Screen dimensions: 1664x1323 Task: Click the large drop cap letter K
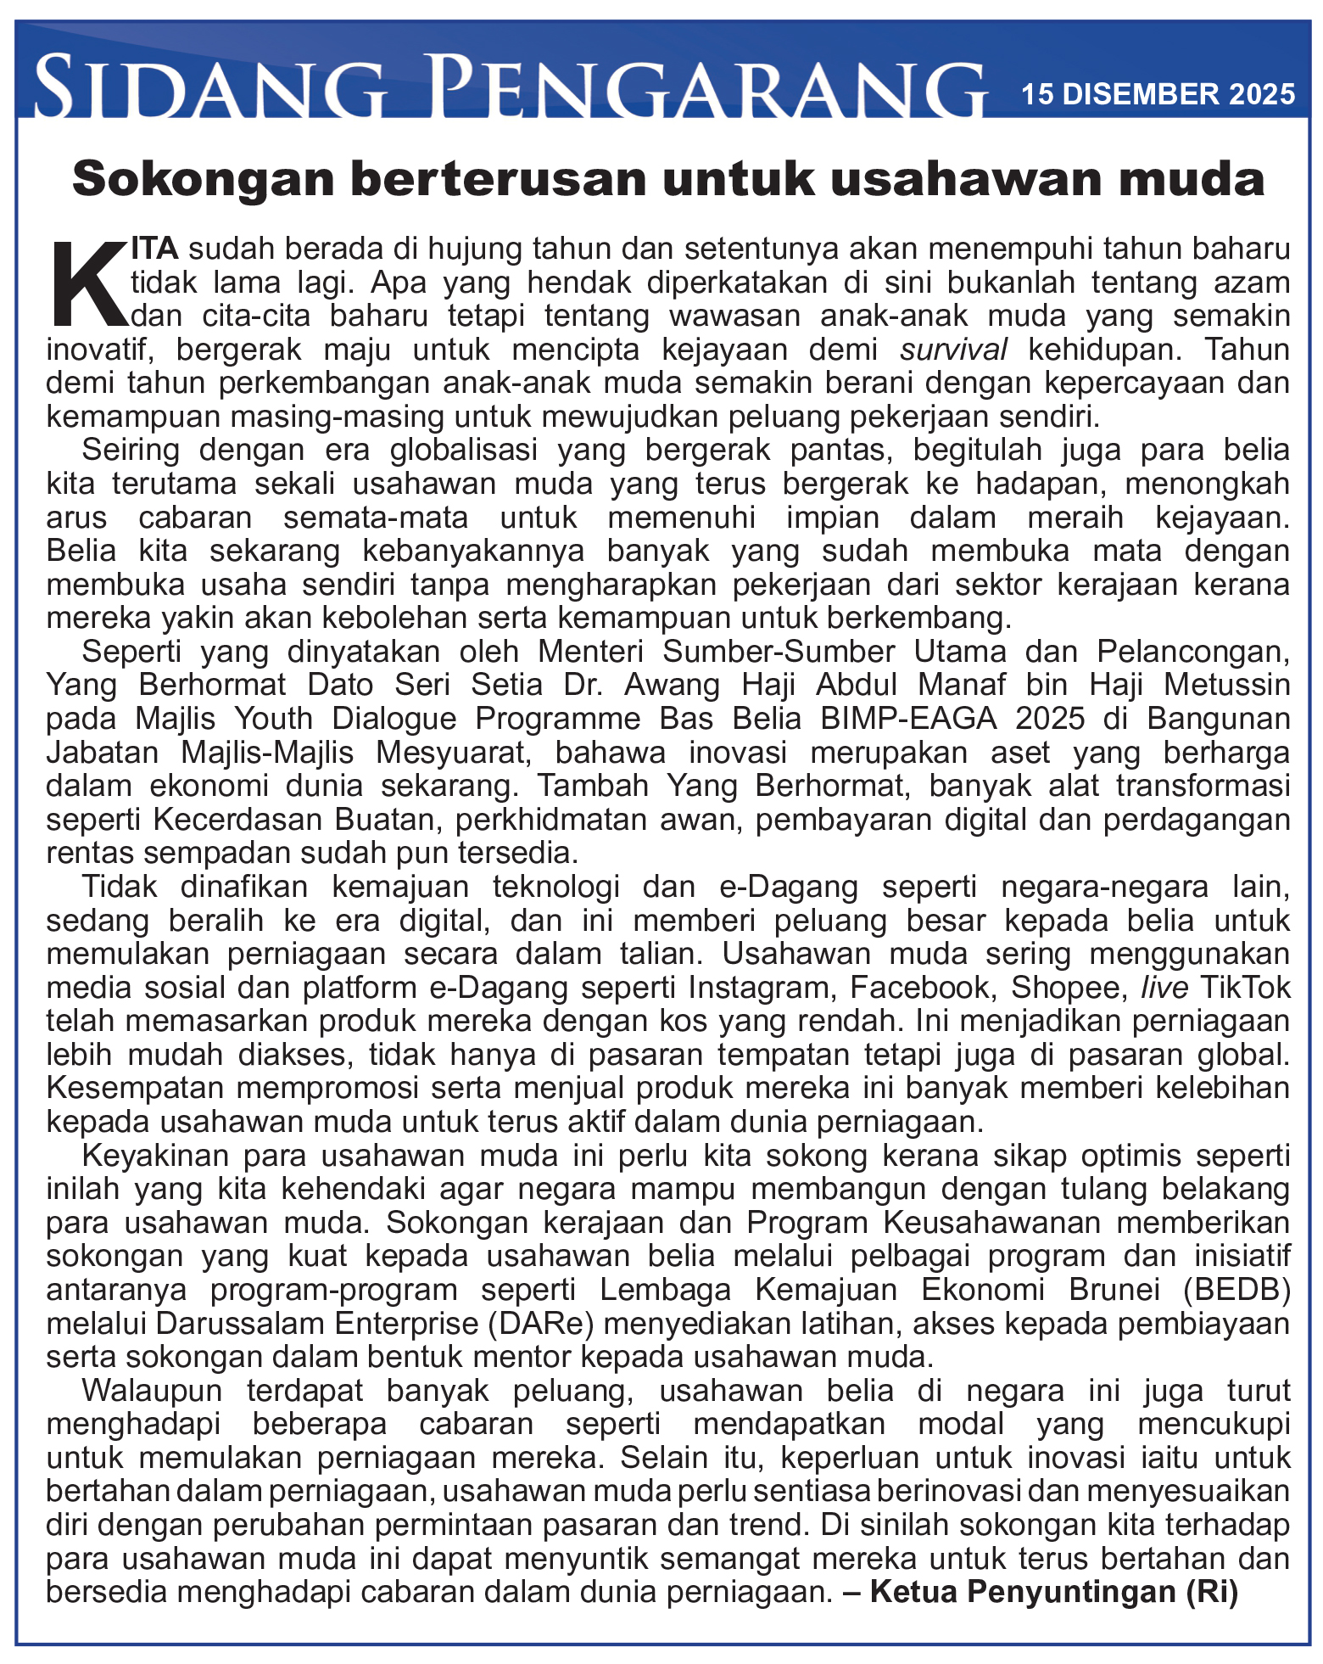(87, 284)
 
